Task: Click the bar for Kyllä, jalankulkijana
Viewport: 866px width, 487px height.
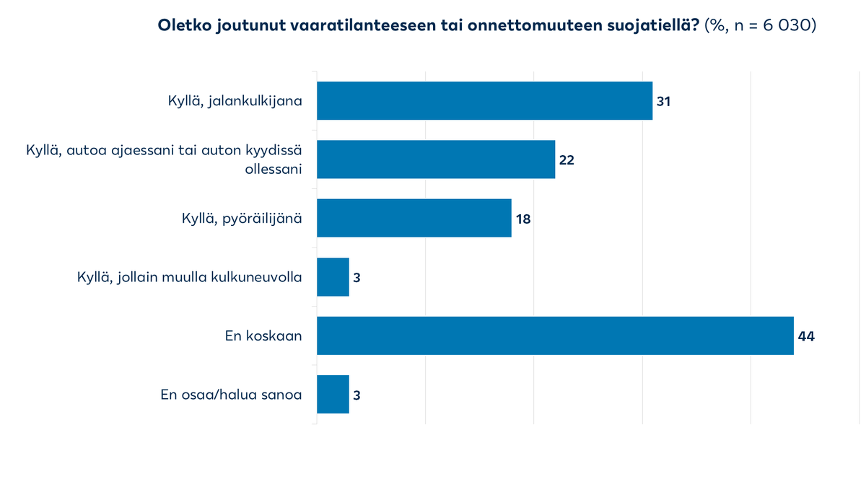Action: [484, 100]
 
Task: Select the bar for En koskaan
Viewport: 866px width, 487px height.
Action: [555, 335]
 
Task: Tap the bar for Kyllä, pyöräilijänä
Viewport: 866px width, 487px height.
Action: [414, 218]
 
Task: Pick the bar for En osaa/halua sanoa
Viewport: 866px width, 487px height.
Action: [333, 394]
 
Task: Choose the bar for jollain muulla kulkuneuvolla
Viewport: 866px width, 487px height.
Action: [333, 277]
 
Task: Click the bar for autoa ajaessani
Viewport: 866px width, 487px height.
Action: [436, 159]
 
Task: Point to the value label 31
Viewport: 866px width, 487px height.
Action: [663, 101]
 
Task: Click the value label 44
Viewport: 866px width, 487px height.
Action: [805, 336]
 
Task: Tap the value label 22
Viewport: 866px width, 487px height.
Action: [566, 160]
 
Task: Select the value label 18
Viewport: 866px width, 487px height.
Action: [522, 219]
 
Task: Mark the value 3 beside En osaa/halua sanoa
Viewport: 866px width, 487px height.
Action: [357, 395]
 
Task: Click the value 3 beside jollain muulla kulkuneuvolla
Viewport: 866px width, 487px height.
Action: [357, 278]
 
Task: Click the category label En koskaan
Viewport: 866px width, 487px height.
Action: [263, 335]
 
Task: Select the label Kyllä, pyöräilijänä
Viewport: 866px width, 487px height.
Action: [241, 218]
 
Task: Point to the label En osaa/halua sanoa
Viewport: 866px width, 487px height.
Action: [231, 395]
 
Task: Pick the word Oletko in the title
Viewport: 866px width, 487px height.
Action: [184, 26]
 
